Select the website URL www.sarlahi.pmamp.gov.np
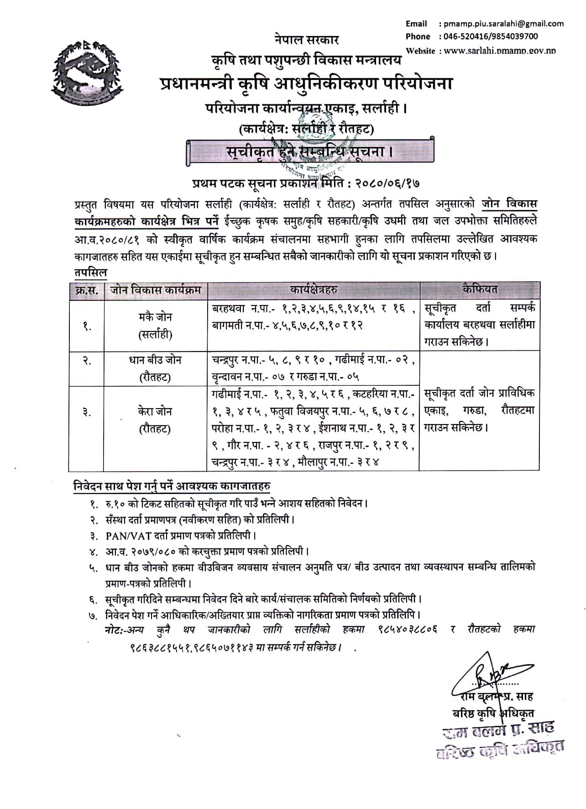coord(499,51)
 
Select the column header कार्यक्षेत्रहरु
coord(314,289)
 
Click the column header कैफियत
coord(479,289)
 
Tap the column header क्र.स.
coord(86,290)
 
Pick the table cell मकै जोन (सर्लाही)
coord(156,326)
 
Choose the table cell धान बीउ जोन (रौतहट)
coord(156,368)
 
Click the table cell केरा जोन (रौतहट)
coord(155,420)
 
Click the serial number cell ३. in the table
coord(86,412)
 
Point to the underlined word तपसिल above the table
coord(90,273)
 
